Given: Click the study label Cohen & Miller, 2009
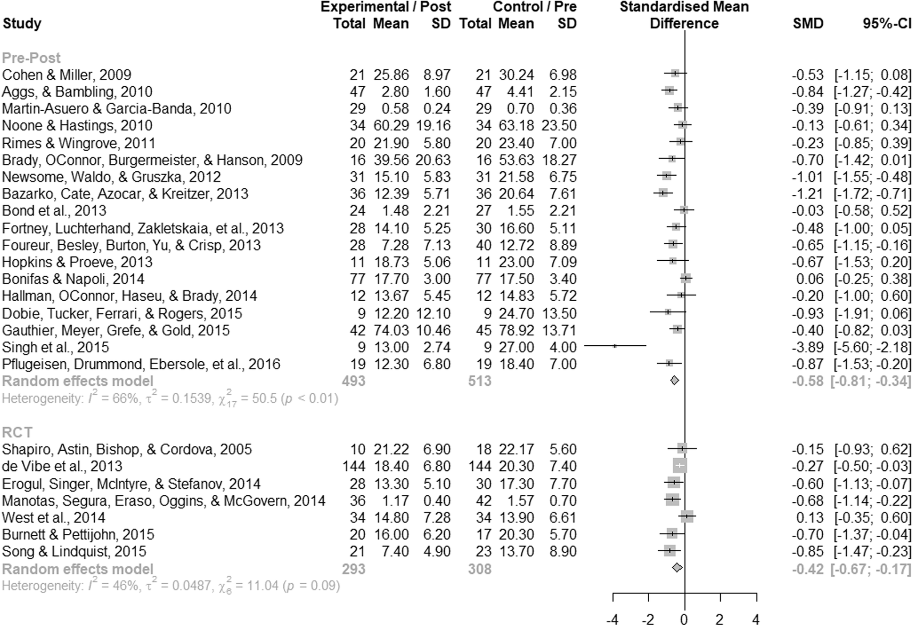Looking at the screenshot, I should (67, 75).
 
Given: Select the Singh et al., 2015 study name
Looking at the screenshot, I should (56, 347).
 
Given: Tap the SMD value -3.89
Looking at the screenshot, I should (808, 347).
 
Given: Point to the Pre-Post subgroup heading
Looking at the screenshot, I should (31, 58).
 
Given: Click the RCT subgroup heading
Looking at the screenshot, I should (17, 432).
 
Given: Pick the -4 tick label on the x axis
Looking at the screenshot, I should (612, 619).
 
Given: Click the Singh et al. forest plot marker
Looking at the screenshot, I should (615, 346).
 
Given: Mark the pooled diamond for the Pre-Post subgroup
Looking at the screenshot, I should (675, 380).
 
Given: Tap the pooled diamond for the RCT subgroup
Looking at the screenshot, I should (677, 568).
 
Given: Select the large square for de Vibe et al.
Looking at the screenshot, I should (680, 466).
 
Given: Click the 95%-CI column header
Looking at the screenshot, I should (887, 23).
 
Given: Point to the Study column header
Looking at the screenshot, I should (22, 23).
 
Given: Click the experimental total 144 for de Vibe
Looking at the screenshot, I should (354, 466).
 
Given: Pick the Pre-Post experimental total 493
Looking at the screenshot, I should (354, 381).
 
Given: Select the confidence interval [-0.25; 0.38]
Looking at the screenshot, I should (873, 279).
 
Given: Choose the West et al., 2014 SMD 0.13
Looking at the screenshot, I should (812, 517).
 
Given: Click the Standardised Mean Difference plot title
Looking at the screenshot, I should (684, 15).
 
